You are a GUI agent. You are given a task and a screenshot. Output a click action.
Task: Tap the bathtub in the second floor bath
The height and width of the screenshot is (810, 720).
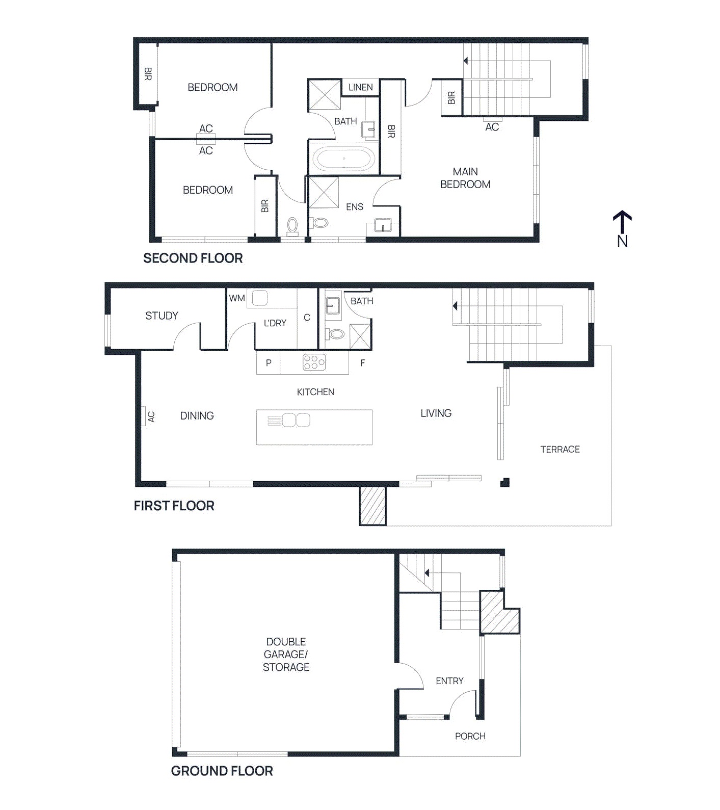pyautogui.click(x=344, y=159)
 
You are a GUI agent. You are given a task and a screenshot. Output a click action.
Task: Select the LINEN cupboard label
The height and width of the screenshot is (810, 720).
pyautogui.click(x=360, y=87)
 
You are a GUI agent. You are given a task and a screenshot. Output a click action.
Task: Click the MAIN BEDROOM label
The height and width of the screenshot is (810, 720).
pyautogui.click(x=465, y=178)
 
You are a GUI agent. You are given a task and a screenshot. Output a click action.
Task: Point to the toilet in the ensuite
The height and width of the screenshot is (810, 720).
pyautogui.click(x=319, y=223)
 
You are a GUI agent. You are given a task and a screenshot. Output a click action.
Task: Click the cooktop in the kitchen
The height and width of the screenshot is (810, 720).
pyautogui.click(x=314, y=362)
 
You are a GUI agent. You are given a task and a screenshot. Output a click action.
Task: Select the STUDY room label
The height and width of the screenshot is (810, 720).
pyautogui.click(x=162, y=316)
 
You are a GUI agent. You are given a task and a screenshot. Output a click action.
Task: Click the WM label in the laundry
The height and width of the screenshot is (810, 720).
pyautogui.click(x=237, y=298)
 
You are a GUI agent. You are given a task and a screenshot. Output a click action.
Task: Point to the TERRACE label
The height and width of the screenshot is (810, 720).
pyautogui.click(x=560, y=449)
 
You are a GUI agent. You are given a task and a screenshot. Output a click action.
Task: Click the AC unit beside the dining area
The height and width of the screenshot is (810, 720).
pyautogui.click(x=144, y=416)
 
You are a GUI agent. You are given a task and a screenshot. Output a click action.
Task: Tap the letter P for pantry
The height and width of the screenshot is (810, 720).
pyautogui.click(x=269, y=363)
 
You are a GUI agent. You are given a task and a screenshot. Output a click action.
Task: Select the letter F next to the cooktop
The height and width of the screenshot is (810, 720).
pyautogui.click(x=362, y=363)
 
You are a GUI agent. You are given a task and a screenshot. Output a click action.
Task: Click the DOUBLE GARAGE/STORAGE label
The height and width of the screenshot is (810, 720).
pyautogui.click(x=286, y=654)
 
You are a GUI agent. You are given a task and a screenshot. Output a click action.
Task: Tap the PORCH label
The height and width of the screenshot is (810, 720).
pyautogui.click(x=470, y=736)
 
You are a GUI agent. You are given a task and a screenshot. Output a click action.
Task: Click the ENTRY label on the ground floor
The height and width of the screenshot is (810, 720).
pyautogui.click(x=449, y=681)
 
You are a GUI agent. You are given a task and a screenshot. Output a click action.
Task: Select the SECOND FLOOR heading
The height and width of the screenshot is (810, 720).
pyautogui.click(x=193, y=258)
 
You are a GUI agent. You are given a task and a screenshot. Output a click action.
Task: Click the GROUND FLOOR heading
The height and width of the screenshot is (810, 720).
pyautogui.click(x=222, y=771)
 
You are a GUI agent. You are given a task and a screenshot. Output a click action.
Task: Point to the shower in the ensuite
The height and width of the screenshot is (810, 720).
pyautogui.click(x=323, y=192)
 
